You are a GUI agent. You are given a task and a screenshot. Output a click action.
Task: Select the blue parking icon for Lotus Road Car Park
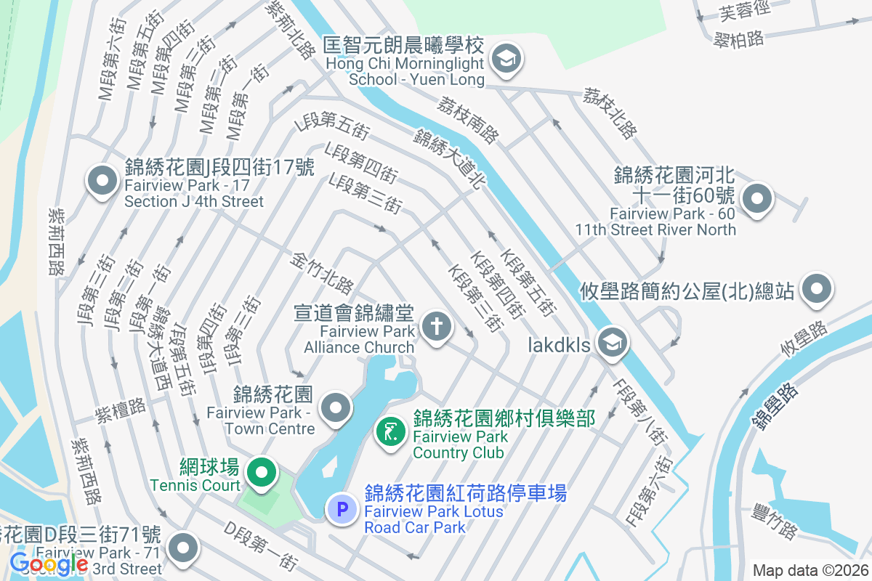coord(342,508)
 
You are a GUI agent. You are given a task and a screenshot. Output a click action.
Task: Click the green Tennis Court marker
coord(262,473)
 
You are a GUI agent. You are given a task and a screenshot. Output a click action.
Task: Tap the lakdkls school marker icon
coord(612,343)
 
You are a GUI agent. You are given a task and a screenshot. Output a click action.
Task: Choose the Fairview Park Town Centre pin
coord(336,408)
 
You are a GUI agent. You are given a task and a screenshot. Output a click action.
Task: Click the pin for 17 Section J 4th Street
coord(102,180)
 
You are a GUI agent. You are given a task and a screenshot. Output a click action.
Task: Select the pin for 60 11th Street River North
coord(756,198)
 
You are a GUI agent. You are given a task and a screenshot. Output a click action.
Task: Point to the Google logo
coord(49,564)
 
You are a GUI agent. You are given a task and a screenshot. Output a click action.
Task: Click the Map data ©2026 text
coord(810,570)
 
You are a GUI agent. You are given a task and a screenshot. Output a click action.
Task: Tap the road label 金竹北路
coord(323,273)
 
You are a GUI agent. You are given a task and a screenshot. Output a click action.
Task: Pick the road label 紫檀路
coord(121,410)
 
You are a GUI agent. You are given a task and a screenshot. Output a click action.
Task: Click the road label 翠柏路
coord(739,38)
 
